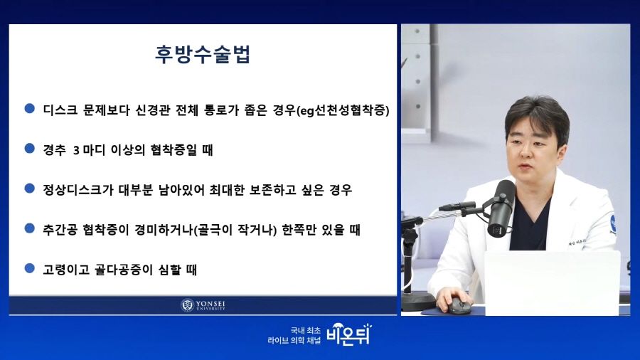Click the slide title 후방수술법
tap(203, 54)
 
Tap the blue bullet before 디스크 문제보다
tap(29, 108)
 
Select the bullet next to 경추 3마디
tap(29, 148)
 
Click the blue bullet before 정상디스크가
tap(29, 188)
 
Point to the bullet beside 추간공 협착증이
tap(29, 228)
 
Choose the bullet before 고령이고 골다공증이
tap(29, 268)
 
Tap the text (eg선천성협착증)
tap(343, 110)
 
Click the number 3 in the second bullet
tap(76, 150)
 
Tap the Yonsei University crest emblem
tap(187, 305)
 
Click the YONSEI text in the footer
tap(210, 304)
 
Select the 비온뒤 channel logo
tap(349, 334)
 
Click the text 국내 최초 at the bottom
tap(306, 331)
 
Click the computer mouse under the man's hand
tap(459, 306)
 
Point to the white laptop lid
tap(552, 283)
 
